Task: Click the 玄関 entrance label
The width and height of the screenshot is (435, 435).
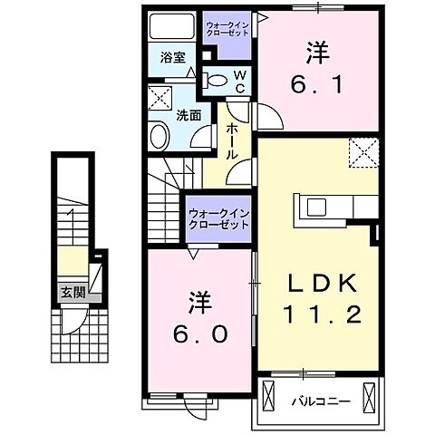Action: [72, 292]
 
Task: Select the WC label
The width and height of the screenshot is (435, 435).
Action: [239, 82]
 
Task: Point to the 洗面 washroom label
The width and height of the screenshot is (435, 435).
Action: [188, 116]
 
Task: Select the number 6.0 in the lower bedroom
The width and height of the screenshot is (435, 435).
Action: [199, 333]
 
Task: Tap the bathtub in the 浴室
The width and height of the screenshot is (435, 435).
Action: [169, 25]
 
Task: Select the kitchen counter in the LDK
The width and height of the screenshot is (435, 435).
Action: [330, 211]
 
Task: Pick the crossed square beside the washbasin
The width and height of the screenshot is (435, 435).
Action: [159, 100]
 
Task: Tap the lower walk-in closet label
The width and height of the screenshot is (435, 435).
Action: [217, 219]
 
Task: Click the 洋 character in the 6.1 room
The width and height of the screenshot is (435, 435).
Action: [317, 53]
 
